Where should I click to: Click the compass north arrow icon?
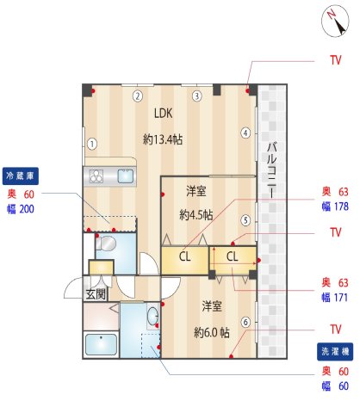332,20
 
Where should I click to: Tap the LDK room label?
164,113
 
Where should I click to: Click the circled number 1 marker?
92,144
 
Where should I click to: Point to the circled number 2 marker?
138,96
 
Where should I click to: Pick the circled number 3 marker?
197,96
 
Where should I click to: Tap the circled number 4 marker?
245,133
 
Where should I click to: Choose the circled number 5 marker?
245,219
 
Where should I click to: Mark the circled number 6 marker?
245,323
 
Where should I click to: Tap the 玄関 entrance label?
96,293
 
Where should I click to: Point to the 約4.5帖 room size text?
196,215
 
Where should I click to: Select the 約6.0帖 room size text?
211,332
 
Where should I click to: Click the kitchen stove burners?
97,177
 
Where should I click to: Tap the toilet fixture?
106,245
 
